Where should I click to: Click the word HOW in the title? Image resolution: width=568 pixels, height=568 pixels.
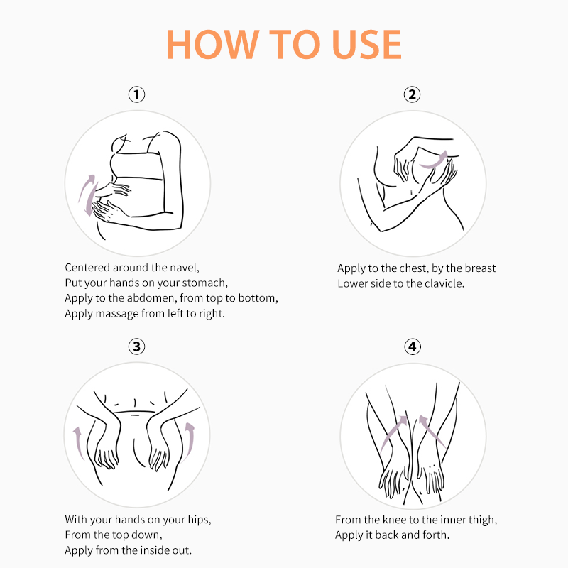(213, 44)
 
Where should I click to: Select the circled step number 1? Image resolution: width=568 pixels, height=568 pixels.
(136, 94)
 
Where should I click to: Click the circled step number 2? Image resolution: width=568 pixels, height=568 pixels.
(413, 94)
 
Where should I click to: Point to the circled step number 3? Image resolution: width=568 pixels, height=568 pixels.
(136, 346)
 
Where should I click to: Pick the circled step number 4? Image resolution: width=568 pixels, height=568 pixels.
(413, 346)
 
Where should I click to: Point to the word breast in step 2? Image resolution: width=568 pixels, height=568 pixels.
(480, 268)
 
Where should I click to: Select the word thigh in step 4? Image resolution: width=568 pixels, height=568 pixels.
(483, 520)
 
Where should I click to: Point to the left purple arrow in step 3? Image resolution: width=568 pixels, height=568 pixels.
(78, 442)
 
